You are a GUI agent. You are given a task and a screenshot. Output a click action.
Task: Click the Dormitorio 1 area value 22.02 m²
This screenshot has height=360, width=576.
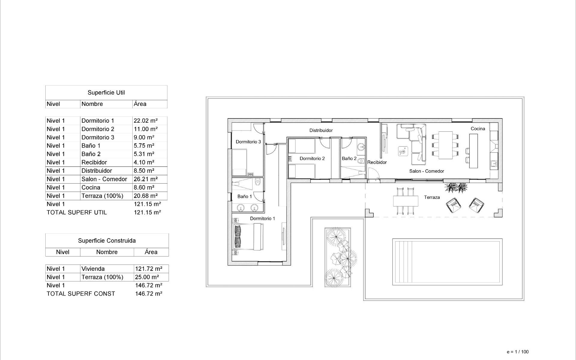[x=145, y=121]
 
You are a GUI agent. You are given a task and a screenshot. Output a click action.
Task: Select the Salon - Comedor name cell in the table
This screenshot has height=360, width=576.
[x=104, y=179]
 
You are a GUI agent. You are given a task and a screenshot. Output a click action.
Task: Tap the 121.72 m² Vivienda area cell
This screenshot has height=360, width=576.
[x=148, y=269]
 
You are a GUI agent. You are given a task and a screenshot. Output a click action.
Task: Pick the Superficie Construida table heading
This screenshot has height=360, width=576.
[x=107, y=241]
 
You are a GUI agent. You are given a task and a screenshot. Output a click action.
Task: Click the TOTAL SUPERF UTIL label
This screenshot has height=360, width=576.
[x=77, y=212]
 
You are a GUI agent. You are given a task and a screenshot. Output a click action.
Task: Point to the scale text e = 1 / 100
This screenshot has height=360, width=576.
[x=517, y=352]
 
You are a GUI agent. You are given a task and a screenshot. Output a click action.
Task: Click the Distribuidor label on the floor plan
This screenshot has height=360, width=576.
[x=321, y=130]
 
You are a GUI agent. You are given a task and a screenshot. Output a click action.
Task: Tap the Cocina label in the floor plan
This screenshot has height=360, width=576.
[x=478, y=129]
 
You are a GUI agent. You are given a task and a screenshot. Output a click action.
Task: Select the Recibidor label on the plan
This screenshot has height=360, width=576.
[x=377, y=162]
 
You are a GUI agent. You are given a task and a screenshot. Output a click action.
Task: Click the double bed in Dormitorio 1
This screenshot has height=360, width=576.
[x=248, y=237]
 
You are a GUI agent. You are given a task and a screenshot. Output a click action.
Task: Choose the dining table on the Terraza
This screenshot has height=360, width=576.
[x=406, y=201]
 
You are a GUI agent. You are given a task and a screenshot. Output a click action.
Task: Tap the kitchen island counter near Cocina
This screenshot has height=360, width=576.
[x=473, y=151]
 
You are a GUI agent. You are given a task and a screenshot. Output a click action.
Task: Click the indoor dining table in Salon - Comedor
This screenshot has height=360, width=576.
[x=445, y=145]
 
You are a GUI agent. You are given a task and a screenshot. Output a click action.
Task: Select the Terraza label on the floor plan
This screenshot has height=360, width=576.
[x=432, y=197]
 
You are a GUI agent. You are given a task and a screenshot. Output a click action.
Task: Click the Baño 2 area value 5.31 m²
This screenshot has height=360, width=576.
[x=144, y=154]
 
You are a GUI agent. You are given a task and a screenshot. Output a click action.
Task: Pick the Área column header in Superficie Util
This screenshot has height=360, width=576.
[x=140, y=104]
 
